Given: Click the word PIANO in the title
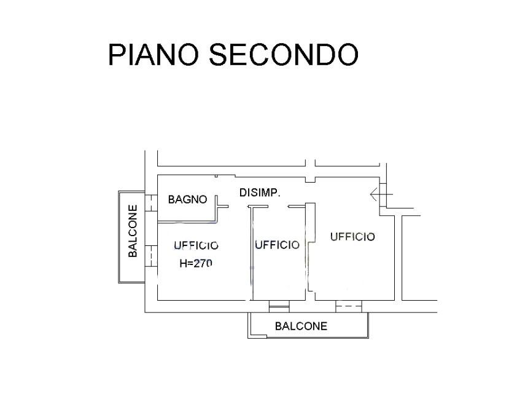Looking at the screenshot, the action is tap(154, 55).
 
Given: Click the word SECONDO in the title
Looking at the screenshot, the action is tap(284, 55).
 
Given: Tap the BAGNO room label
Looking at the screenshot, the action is tap(187, 199).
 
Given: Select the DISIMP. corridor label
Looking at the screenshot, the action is tap(260, 193).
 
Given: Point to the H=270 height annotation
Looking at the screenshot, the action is tap(196, 263).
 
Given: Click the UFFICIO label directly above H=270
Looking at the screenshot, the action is tap(196, 245).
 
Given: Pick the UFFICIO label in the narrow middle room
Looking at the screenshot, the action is tap(277, 245).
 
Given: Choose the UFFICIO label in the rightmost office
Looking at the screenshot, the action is tap(352, 237).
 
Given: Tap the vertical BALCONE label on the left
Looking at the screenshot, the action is tap(133, 231).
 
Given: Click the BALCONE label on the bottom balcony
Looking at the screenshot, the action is tap(301, 326).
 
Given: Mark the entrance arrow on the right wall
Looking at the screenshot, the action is tap(381, 194).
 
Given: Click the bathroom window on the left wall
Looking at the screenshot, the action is tap(151, 203).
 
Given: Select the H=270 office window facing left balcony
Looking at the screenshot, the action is tap(151, 256).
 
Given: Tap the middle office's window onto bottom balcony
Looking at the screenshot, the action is tap(279, 306).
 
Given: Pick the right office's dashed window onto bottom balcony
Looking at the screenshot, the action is tap(349, 306).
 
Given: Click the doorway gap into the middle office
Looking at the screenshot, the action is tap(278, 207).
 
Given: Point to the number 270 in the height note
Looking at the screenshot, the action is tap(203, 263).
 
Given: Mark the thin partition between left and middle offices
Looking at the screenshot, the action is tap(252, 254).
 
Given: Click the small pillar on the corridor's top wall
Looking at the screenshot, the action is tap(310, 180).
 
